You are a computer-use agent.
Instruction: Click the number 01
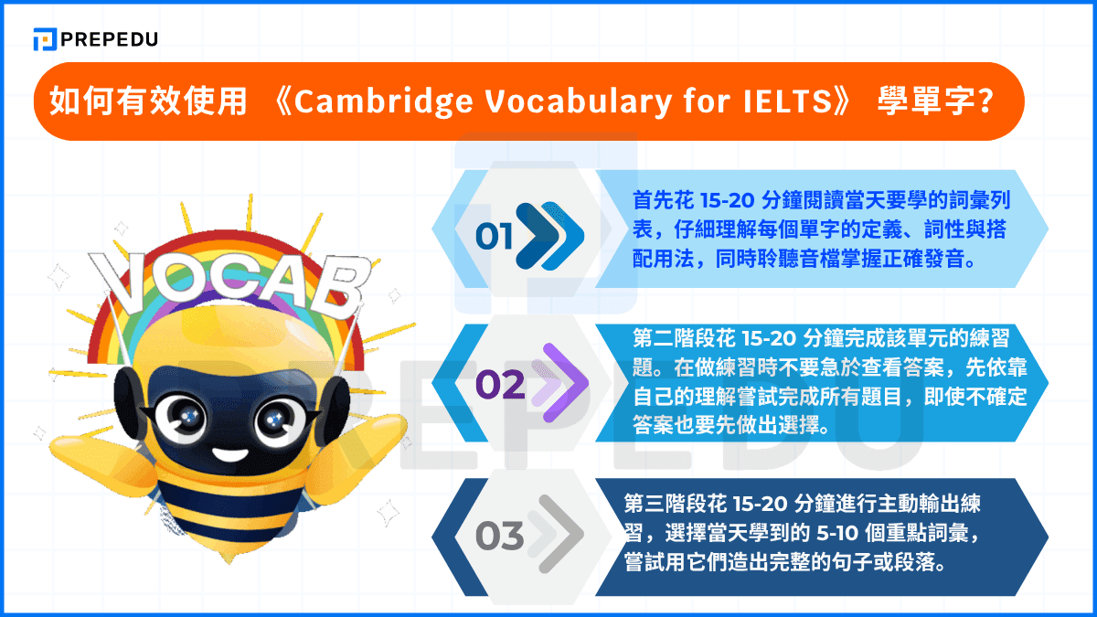(494, 238)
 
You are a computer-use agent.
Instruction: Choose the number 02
(500, 385)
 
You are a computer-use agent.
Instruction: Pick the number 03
(499, 536)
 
